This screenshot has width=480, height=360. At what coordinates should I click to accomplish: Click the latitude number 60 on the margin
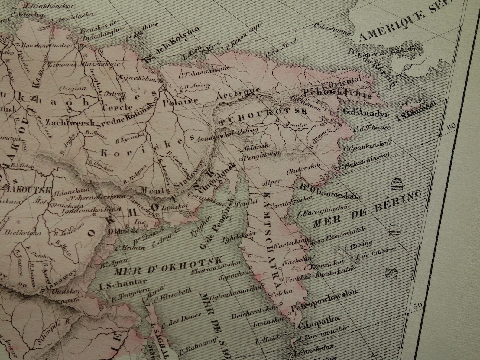click(x=451, y=127)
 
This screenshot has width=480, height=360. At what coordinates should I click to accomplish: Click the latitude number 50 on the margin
click(x=417, y=305)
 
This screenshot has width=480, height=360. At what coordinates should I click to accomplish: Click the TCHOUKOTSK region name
click(x=263, y=116)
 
